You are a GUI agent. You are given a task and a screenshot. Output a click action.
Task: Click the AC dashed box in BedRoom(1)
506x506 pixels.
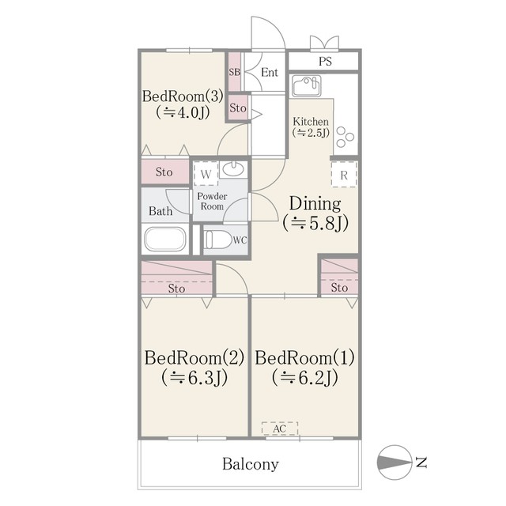(x=279, y=429)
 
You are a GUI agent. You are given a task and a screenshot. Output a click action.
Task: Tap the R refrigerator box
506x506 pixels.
(x=344, y=174)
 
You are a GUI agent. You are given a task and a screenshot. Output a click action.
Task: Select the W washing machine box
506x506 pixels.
(x=206, y=174)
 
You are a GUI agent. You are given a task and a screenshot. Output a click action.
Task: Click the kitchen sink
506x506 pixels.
(x=307, y=86)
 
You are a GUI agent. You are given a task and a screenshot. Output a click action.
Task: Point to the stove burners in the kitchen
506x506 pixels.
(x=345, y=137)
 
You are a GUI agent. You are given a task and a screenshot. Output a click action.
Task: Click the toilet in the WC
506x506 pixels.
(x=219, y=240)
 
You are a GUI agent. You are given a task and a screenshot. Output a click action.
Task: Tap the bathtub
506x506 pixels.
(x=165, y=239)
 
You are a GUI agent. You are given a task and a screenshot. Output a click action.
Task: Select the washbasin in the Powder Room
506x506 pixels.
(x=233, y=169)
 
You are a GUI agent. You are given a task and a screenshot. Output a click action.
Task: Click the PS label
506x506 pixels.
(x=325, y=62)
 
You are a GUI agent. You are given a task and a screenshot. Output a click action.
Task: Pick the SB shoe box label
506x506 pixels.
(x=235, y=72)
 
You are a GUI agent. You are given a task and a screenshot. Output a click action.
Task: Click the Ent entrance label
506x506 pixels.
(x=270, y=72)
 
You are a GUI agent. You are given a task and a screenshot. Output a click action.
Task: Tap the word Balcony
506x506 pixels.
(x=251, y=464)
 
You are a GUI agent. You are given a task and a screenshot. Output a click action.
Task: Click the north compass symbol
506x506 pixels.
(x=395, y=462)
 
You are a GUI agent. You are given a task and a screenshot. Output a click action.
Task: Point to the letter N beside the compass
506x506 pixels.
(x=421, y=463)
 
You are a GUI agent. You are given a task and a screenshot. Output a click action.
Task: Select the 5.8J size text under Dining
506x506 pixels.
(x=315, y=223)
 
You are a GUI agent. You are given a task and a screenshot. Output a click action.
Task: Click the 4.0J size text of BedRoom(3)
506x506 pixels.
(x=183, y=112)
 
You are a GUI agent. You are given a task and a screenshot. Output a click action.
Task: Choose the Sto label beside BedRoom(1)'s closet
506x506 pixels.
(x=339, y=287)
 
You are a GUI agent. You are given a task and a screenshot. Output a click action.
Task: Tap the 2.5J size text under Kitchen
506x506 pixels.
(x=311, y=132)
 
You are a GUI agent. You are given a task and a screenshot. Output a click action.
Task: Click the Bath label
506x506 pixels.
(x=160, y=211)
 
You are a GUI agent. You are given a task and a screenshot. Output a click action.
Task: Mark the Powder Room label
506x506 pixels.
(x=212, y=201)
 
